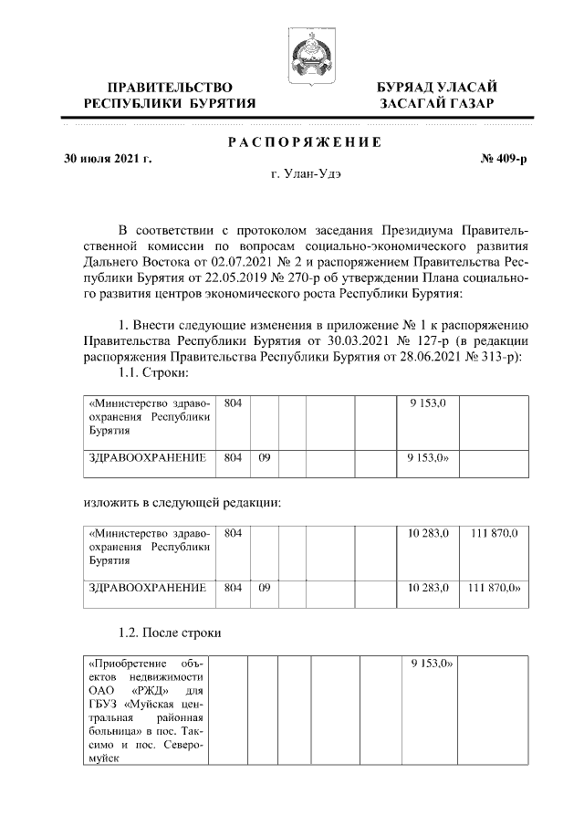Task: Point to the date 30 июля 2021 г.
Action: [109, 159]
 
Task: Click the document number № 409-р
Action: [505, 159]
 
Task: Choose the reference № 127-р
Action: [415, 342]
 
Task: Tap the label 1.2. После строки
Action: [170, 632]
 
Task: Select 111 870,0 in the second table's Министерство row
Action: [493, 532]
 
